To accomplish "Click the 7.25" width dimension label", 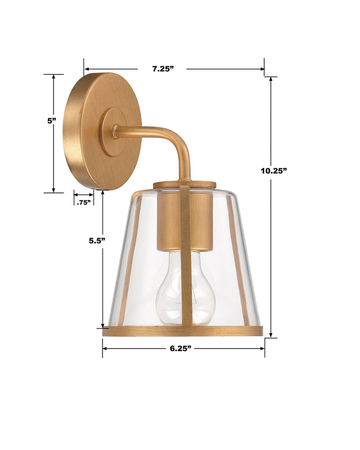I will tap(162, 69).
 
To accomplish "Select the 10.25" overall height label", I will tap(273, 170).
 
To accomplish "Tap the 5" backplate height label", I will tap(52, 120).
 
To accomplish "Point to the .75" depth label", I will tap(83, 202).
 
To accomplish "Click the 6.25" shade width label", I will tap(181, 348).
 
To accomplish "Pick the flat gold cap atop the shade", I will tap(184, 184).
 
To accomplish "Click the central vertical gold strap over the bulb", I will tap(186, 260).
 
